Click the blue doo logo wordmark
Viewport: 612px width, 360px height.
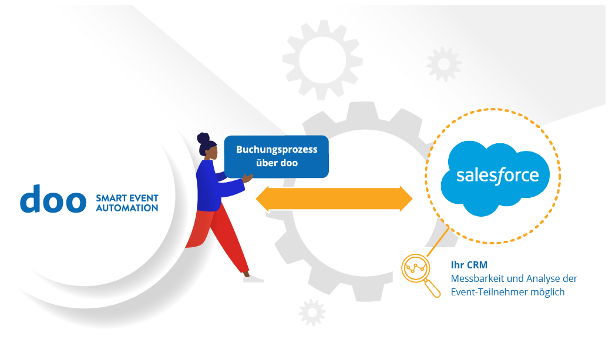(53, 200)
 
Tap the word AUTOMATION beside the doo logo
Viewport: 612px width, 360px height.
(127, 208)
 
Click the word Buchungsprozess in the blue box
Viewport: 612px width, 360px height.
(277, 149)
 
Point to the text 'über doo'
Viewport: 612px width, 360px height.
(277, 163)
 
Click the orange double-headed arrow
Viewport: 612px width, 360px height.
(334, 198)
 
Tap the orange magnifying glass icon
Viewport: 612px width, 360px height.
(418, 272)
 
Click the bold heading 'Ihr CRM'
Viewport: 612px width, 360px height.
(469, 265)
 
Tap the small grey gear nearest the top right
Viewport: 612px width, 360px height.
(443, 63)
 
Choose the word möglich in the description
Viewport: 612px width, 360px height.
(549, 292)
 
